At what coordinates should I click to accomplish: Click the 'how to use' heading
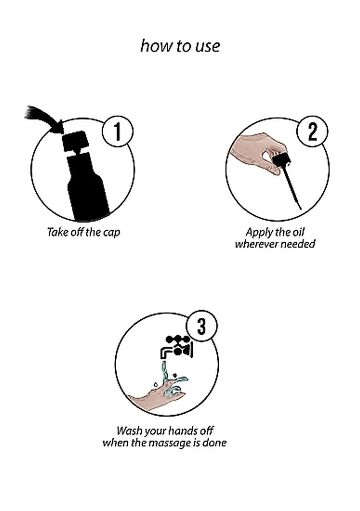[180, 46]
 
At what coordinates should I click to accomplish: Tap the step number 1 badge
[118, 132]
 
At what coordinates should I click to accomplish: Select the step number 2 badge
[313, 132]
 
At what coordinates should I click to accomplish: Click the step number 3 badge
[202, 326]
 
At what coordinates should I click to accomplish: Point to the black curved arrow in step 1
[42, 118]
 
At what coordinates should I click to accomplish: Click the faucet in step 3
[177, 347]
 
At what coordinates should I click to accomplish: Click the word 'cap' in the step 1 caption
[112, 233]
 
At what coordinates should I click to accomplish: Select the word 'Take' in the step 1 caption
[56, 232]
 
